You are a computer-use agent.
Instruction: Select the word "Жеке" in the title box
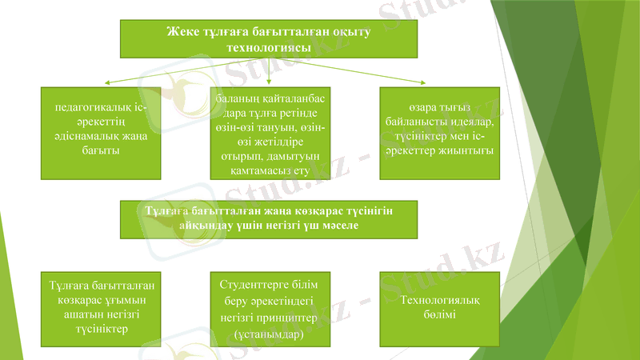(179, 31)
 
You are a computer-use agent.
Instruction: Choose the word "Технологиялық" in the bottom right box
(439, 300)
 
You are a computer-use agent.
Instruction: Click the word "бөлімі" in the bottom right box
(439, 314)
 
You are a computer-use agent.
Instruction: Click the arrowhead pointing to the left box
(106, 83)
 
